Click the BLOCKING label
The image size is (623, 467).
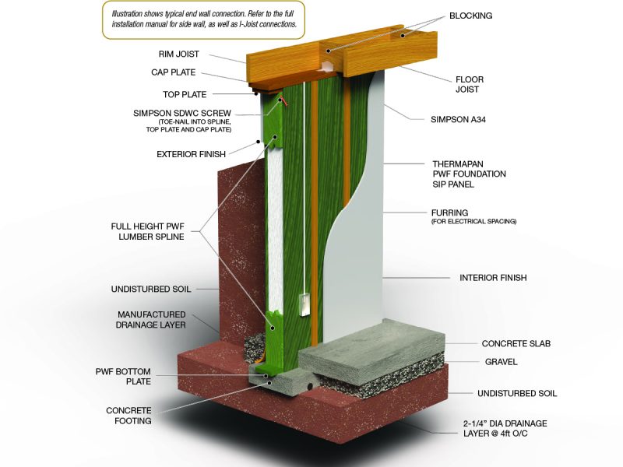tap(470, 16)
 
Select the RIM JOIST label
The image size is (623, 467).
tap(179, 54)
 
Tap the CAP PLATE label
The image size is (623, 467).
tap(173, 72)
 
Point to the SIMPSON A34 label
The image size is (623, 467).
tap(458, 120)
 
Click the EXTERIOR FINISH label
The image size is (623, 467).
tap(191, 154)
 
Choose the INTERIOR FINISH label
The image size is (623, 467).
tap(493, 278)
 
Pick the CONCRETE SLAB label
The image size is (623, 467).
tap(516, 343)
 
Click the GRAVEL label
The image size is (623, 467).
tap(501, 362)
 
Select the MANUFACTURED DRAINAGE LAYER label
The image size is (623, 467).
tap(151, 320)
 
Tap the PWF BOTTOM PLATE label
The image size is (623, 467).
tap(123, 377)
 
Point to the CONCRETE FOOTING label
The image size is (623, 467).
tap(128, 416)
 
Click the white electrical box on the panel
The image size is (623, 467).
tap(304, 304)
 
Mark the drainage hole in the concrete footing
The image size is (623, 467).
tap(309, 386)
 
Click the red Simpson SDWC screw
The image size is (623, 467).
tap(282, 100)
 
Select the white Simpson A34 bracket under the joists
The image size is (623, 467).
tap(326, 66)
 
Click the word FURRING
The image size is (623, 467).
tap(449, 212)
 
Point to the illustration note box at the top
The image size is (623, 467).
tap(203, 19)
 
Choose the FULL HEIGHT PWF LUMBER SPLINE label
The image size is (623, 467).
tap(147, 231)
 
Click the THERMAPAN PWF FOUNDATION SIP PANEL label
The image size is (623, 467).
tap(470, 174)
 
